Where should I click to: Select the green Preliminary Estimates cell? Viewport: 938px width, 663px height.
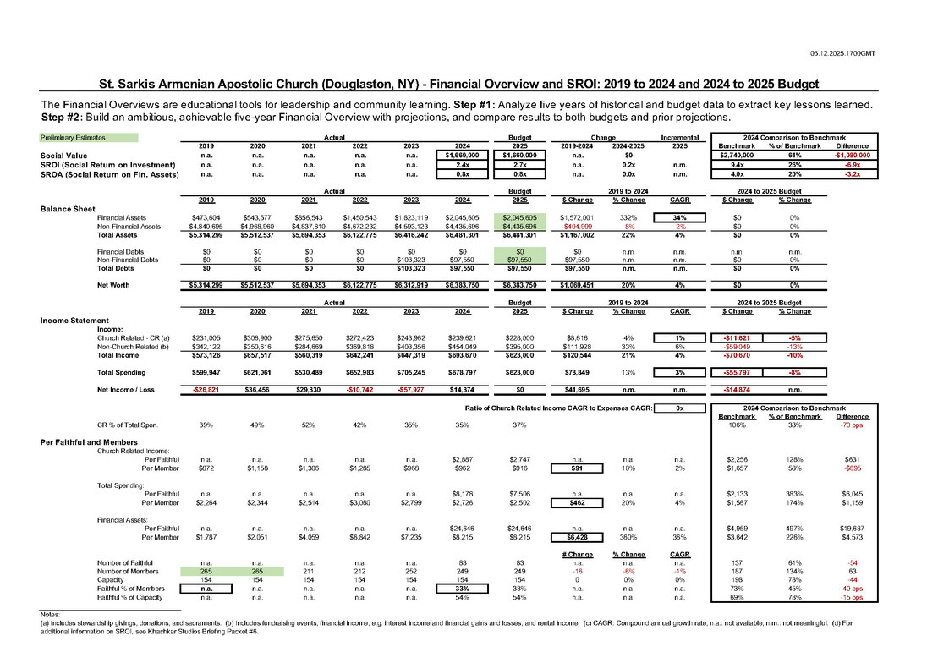coord(89,137)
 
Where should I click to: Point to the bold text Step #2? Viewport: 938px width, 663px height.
coord(62,116)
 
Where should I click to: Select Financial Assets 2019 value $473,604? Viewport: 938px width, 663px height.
coord(206,217)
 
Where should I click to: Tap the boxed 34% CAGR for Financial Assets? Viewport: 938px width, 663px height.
coord(679,217)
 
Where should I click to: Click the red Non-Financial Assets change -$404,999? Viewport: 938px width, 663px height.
coord(573,226)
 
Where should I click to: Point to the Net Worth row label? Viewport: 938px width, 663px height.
coord(113,286)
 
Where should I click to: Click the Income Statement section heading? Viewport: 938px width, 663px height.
coord(75,321)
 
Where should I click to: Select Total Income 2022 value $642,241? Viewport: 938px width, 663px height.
coord(359,355)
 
